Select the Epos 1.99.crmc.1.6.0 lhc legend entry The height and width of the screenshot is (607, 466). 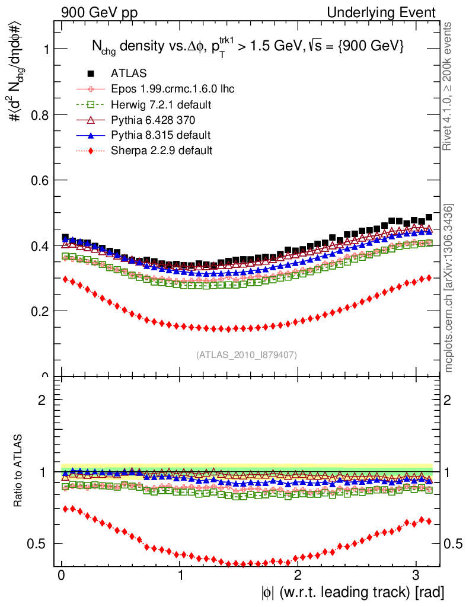click(173, 89)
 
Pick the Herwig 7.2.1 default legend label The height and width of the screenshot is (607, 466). click(161, 105)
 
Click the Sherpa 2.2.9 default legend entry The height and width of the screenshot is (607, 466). click(161, 151)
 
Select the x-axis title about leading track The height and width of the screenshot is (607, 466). click(352, 592)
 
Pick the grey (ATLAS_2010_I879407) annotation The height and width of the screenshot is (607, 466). click(247, 355)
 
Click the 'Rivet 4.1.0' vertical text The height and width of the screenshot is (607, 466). click(449, 86)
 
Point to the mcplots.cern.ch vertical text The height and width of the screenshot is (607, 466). click(449, 287)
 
